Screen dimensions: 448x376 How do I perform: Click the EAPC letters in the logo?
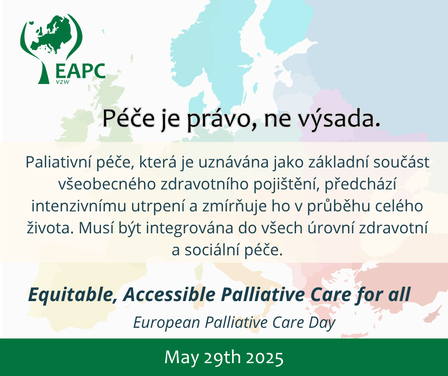pos(80,71)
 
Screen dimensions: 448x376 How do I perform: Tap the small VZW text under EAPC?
pos(63,82)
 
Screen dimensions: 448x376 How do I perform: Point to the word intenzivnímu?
pos(79,206)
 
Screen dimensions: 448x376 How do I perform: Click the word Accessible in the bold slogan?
pos(169,295)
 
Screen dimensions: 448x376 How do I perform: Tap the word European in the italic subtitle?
pos(167,323)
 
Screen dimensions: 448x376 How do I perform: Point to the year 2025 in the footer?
pos(265,358)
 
